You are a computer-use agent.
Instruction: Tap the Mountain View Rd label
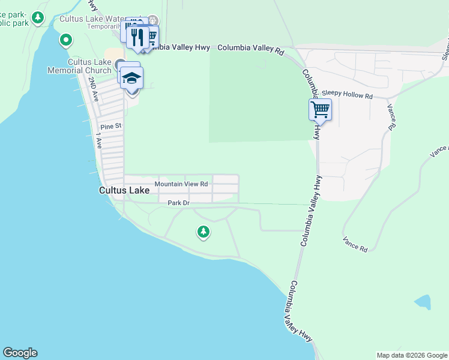coord(181,184)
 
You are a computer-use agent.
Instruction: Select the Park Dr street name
coord(178,203)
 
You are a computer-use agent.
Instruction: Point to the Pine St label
coord(111,127)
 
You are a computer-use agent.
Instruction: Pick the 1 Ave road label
coord(99,142)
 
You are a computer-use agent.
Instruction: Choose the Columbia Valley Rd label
coord(250,48)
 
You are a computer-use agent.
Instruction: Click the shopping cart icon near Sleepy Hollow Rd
coord(320,110)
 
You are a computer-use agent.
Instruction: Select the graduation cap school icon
coord(131,77)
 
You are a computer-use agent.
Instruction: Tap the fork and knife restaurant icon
coord(138,37)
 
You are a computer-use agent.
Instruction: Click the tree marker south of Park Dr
coord(203,231)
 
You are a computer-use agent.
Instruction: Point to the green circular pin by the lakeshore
coord(66,41)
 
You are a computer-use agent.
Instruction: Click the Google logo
coord(20,353)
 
